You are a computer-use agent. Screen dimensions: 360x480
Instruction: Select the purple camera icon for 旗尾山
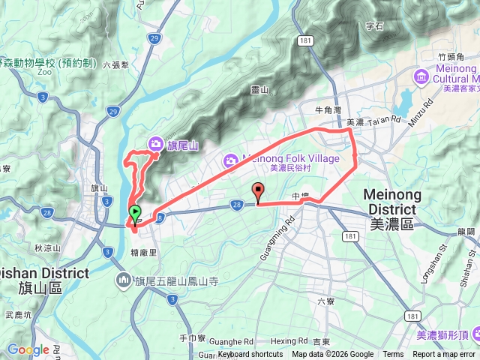click(x=155, y=142)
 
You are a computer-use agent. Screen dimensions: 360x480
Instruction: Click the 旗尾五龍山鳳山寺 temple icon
click(x=124, y=281)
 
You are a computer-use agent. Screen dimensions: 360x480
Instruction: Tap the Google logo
click(x=28, y=349)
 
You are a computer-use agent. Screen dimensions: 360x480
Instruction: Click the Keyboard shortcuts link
click(x=250, y=355)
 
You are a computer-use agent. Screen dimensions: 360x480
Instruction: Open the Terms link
click(x=393, y=355)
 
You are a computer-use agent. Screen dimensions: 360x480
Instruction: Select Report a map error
click(x=444, y=355)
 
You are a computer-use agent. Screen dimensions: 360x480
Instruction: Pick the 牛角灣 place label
click(x=328, y=109)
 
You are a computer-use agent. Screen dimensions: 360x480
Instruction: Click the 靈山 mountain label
click(x=259, y=90)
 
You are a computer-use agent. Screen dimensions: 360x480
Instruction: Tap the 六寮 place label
click(x=325, y=301)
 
